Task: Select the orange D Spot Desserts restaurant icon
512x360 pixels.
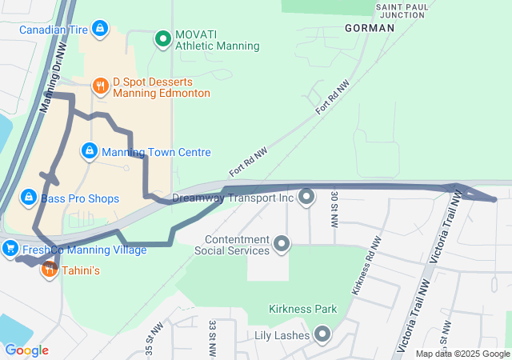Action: point(100,85)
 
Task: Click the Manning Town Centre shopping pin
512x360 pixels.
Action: point(90,150)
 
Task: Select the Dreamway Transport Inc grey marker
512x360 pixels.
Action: point(306,197)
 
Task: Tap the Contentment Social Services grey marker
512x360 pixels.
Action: point(281,242)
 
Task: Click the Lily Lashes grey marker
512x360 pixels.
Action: point(322,334)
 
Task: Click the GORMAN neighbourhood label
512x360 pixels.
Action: point(370,28)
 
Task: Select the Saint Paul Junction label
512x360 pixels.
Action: point(399,10)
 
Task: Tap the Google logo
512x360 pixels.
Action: point(26,350)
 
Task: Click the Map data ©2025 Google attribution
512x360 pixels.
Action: point(462,354)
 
